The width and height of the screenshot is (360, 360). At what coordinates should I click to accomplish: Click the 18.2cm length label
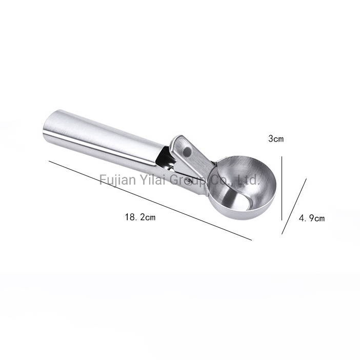[x=140, y=217]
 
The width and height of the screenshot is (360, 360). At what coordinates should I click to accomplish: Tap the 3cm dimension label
[x=276, y=138]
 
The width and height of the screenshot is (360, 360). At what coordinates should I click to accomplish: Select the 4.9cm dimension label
[x=312, y=218]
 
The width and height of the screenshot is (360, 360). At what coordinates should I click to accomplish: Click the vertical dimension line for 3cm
[x=282, y=188]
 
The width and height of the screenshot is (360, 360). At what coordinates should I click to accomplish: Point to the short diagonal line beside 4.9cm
[x=294, y=206]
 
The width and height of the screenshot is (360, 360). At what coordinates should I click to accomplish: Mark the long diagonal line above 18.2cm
[x=150, y=201]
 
